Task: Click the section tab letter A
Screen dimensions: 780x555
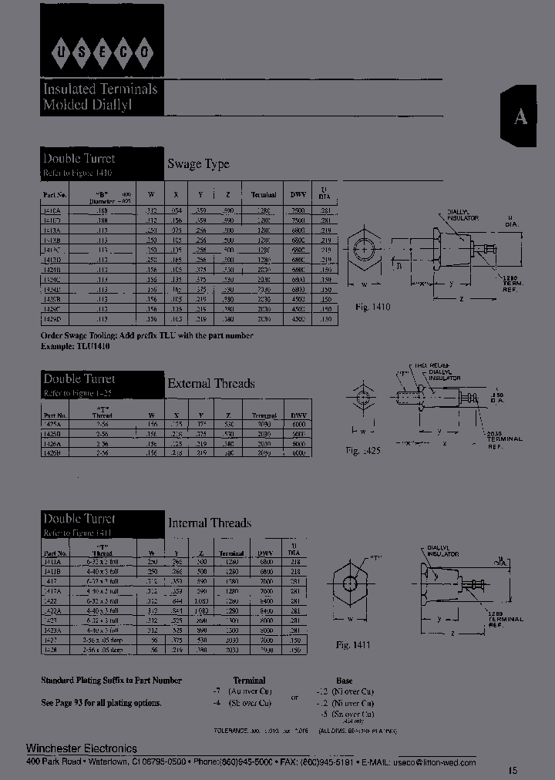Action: pos(521,116)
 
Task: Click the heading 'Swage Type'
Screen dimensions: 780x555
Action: pos(198,164)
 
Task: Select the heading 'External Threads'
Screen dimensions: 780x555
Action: pos(210,383)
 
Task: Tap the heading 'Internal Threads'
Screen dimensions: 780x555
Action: pos(210,523)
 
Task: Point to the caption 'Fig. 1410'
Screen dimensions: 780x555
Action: pos(373,307)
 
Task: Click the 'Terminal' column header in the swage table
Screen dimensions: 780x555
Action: pos(264,195)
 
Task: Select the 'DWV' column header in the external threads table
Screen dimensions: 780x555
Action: pos(298,415)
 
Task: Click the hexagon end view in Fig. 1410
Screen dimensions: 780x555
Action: pos(363,251)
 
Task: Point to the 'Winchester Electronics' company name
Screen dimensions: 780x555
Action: pos(82,748)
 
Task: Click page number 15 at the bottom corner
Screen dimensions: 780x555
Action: pos(513,769)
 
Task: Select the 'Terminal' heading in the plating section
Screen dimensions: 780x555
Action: pos(249,681)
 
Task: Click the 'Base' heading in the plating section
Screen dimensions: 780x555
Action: pos(344,681)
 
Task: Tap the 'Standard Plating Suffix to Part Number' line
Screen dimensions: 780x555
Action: pos(111,681)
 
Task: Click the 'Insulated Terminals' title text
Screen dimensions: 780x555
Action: pos(100,89)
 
